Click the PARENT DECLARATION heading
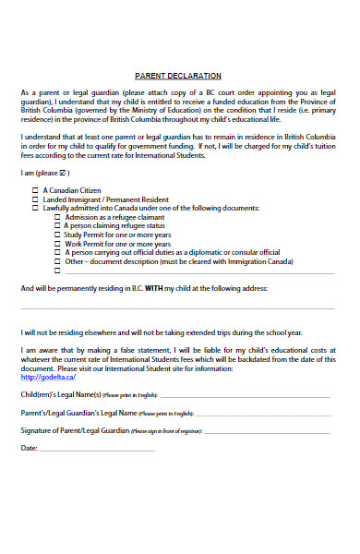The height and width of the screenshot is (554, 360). point(177,75)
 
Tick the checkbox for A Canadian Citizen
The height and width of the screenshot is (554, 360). point(36,189)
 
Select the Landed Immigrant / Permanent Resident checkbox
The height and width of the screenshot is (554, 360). point(36,199)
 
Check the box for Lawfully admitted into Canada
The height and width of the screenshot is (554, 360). point(36,208)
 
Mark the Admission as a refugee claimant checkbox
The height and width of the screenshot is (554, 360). point(57,216)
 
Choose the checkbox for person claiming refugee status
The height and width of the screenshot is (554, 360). point(57,225)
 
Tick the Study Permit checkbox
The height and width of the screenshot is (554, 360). point(57,234)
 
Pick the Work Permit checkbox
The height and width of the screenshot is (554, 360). point(57,243)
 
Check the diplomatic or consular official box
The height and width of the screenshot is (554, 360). point(57,251)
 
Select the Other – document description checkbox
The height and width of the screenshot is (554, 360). point(57,260)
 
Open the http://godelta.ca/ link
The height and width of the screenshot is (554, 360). point(41,377)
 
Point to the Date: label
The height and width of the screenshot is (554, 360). point(29,448)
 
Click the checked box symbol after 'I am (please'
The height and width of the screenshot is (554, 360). point(63,173)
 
